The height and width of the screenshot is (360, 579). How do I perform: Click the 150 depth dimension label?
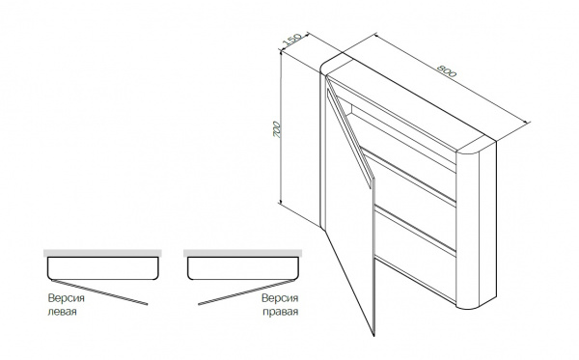tap(291, 40)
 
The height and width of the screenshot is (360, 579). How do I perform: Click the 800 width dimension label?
tap(447, 70)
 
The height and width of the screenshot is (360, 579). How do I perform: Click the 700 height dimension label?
tap(277, 129)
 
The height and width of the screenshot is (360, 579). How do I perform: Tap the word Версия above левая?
tap(66, 298)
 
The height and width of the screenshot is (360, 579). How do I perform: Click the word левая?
tap(63, 312)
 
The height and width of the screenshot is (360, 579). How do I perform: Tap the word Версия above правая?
tap(280, 298)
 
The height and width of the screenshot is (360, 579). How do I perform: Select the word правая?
tap(281, 312)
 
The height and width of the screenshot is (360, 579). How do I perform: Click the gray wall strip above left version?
tap(102, 253)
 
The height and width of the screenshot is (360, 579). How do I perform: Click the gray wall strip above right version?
tap(242, 253)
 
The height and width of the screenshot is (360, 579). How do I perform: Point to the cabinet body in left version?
tap(103, 268)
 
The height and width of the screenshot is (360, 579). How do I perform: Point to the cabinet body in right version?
tap(243, 268)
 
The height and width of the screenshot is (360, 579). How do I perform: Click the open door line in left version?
tap(99, 292)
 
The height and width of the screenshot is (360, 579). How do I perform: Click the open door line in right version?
tap(246, 292)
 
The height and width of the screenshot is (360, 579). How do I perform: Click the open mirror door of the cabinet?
tap(350, 207)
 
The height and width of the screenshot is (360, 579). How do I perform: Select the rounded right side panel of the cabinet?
tap(477, 225)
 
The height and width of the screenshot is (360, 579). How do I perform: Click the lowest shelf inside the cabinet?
tap(416, 231)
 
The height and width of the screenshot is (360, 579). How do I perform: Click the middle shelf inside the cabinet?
tap(409, 178)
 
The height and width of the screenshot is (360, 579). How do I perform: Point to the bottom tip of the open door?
tap(373, 336)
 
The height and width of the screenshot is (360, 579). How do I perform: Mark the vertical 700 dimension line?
tap(281, 127)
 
